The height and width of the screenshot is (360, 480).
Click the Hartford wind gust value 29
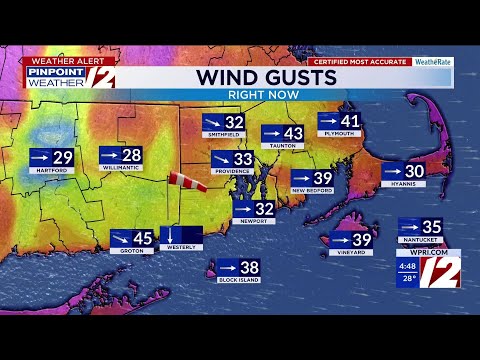(62, 157)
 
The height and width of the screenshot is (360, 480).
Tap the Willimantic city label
(121, 170)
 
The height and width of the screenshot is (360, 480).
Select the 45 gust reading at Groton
(143, 238)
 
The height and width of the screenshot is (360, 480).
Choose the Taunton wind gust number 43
(293, 133)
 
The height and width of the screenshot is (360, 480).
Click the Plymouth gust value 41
(349, 121)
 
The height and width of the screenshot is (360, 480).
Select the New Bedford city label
(312, 189)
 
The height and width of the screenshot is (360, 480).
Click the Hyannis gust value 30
(414, 171)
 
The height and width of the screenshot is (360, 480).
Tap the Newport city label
(253, 221)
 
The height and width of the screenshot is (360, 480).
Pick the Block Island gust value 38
(249, 268)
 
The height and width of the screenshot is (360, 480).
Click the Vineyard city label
(353, 252)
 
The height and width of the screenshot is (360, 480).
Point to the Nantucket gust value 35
(431, 227)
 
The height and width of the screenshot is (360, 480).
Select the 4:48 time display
(406, 266)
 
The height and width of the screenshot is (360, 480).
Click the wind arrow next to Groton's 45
(120, 238)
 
